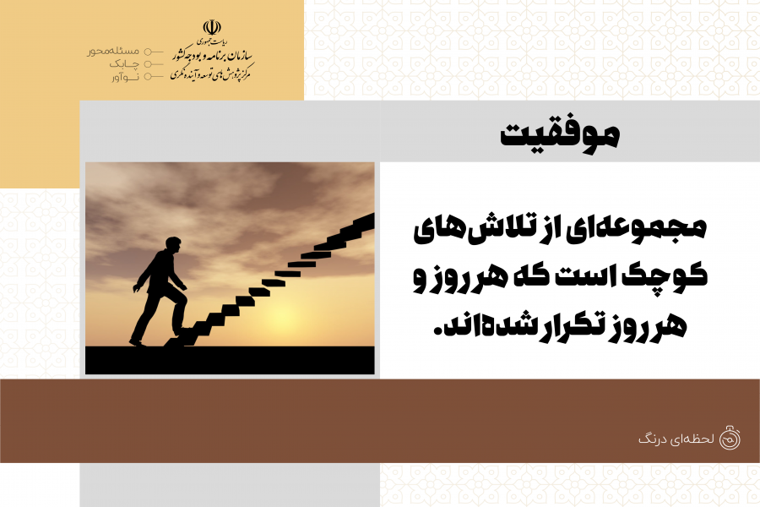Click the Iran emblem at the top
pyautogui.click(x=212, y=27)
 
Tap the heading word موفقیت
pyautogui.click(x=560, y=134)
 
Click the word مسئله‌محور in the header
pyautogui.click(x=113, y=52)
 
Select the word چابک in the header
pyautogui.click(x=124, y=64)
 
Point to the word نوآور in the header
pyautogui.click(x=125, y=77)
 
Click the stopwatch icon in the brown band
pyautogui.click(x=730, y=438)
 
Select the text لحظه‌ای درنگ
pyautogui.click(x=676, y=439)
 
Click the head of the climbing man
pyautogui.click(x=172, y=245)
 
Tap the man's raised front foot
pyautogui.click(x=184, y=332)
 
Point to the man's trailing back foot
pyautogui.click(x=137, y=342)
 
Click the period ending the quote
pyautogui.click(x=439, y=332)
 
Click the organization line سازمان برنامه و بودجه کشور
pyautogui.click(x=213, y=56)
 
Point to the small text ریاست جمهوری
pyautogui.click(x=213, y=41)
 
